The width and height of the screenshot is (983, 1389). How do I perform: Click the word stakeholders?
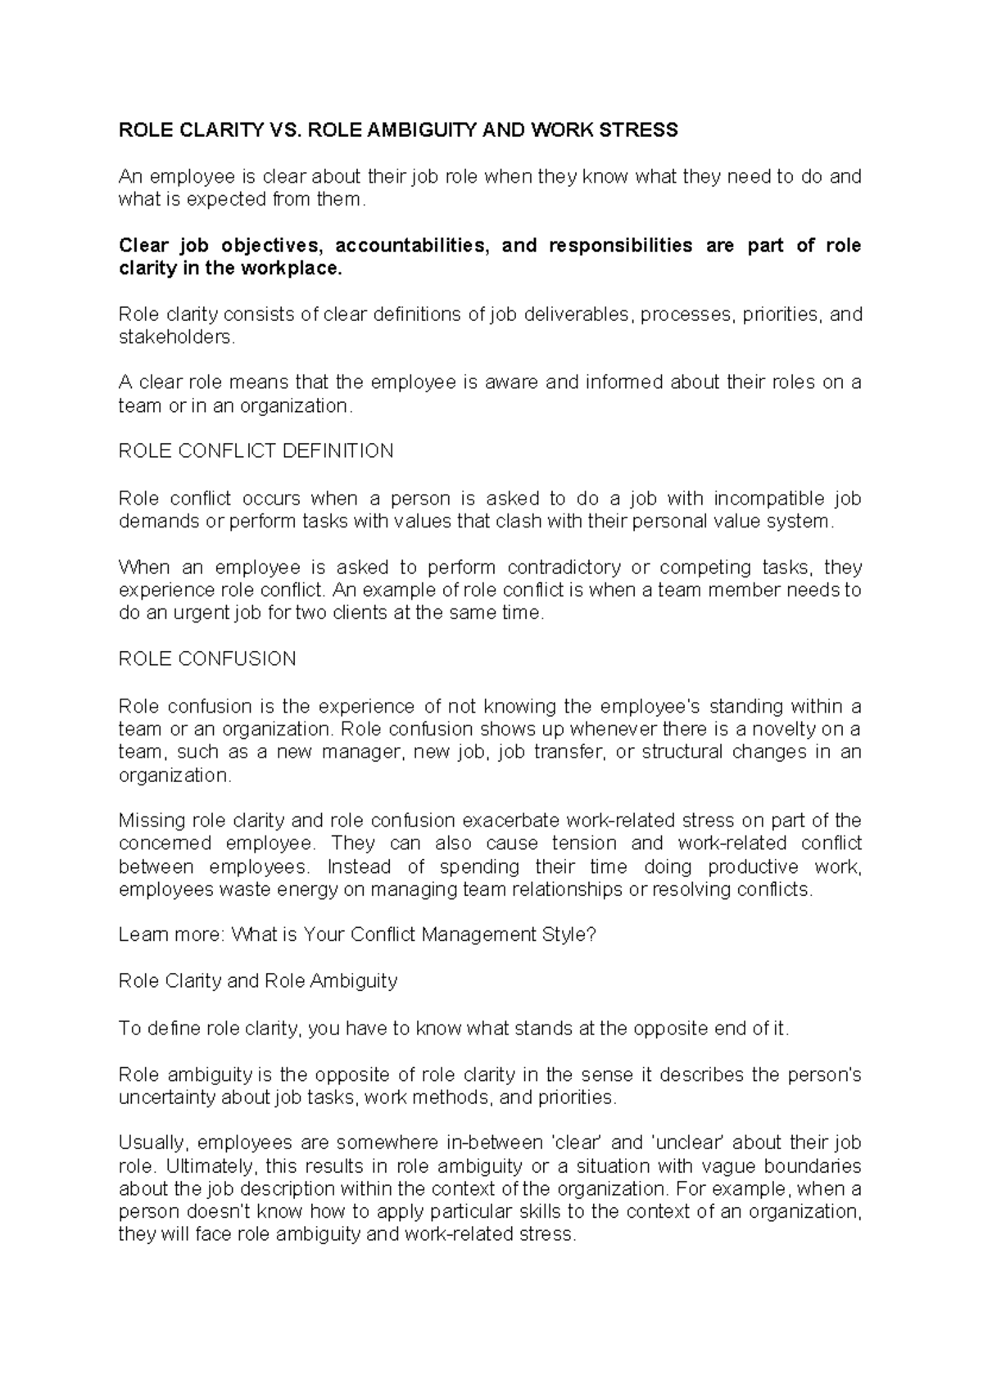(176, 337)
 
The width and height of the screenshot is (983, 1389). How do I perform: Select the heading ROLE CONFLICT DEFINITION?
(256, 451)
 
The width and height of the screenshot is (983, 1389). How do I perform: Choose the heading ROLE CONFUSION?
(207, 659)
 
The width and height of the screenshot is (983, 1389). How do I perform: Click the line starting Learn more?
(357, 934)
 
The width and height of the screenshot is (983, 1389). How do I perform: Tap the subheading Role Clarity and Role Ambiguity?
(258, 981)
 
